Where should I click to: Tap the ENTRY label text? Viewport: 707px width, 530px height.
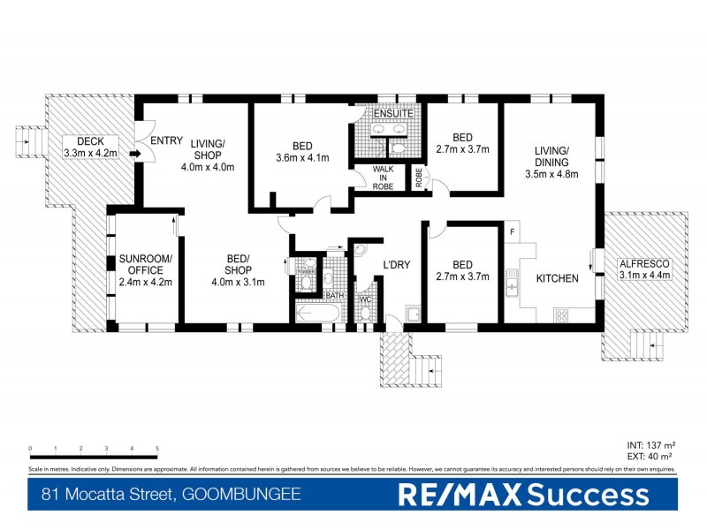[166, 141]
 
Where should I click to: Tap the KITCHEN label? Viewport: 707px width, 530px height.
[557, 278]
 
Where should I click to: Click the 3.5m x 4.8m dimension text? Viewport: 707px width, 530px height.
[556, 174]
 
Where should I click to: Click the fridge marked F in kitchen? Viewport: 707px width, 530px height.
[513, 232]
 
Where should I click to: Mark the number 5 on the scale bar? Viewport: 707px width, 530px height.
[157, 450]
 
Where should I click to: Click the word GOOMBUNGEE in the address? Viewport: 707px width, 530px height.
[241, 496]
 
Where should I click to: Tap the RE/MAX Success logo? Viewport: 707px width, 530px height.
[523, 495]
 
